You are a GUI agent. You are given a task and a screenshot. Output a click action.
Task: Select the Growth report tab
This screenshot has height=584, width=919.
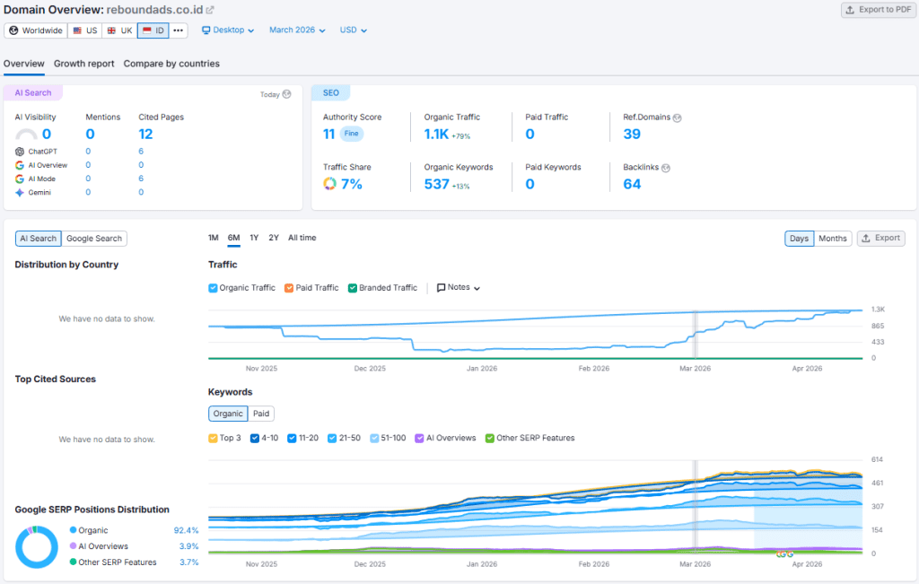pos(83,64)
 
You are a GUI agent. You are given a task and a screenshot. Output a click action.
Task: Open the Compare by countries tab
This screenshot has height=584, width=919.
pos(171,64)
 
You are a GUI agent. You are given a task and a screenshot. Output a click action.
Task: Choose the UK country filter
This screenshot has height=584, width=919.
pos(119,31)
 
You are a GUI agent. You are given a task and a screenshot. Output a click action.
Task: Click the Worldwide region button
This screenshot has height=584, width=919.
pos(36,31)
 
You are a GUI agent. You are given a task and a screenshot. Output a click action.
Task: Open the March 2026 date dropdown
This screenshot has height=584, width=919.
pos(297,31)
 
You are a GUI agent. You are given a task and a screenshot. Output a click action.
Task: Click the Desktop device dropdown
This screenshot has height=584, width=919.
pos(228,31)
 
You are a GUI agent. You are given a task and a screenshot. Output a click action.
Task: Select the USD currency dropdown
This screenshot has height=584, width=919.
pos(353,31)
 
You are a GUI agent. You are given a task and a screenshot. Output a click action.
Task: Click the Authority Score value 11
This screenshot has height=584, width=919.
pos(329,135)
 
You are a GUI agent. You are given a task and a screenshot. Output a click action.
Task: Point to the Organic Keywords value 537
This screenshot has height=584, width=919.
pos(436,184)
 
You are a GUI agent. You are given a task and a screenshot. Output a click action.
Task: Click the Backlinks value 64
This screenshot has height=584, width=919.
pos(632,184)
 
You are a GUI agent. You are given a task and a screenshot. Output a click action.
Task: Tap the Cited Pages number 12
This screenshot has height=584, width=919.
pos(145,135)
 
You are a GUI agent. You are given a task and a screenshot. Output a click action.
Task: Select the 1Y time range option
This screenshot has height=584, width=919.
pos(254,238)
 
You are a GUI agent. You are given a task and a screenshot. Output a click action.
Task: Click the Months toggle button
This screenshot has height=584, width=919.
pos(832,239)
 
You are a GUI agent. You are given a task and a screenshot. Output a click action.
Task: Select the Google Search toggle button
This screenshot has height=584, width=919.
pos(94,239)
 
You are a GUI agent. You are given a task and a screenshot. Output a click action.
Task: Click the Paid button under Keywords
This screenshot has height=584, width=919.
pos(261,414)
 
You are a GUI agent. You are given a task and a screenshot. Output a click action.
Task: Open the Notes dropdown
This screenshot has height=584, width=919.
pos(459,288)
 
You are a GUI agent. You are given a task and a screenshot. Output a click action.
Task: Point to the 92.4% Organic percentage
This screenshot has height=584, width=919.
pos(186,530)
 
